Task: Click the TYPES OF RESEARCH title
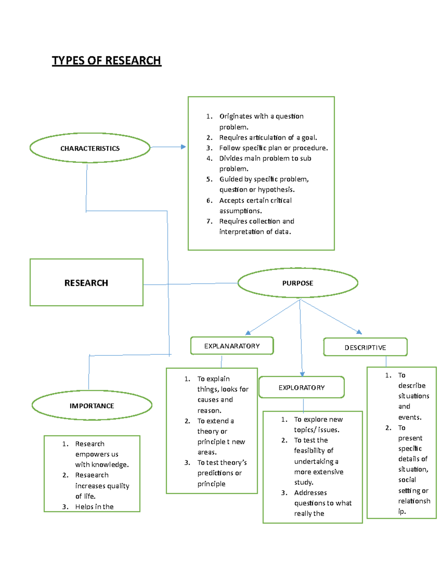coord(106,60)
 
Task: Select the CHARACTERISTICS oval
coord(90,148)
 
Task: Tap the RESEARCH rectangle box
coord(86,283)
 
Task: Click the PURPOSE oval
coord(298,283)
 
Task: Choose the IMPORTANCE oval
coord(92,406)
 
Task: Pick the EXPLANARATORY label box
coord(232,346)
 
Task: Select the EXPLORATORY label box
coord(301,387)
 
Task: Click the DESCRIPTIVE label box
coord(365,347)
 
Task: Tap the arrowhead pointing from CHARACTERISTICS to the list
coord(183,147)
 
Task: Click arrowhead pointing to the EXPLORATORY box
coord(302,374)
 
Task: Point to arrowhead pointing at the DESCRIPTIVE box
coord(359,332)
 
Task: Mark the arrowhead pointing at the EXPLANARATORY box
coord(248,333)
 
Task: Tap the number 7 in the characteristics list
coord(209,221)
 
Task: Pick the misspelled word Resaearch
coord(92,475)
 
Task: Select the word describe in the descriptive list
coord(411,386)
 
